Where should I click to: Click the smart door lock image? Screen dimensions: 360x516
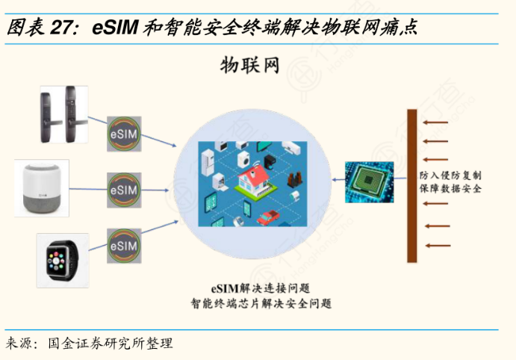pyautogui.click(x=63, y=115)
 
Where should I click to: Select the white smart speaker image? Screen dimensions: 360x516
pyautogui.click(x=42, y=187)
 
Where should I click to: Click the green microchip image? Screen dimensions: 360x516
pyautogui.click(x=369, y=181)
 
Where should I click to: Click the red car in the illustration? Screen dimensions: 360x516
pyautogui.click(x=267, y=217)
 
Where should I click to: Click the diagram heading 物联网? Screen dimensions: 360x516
pyautogui.click(x=249, y=66)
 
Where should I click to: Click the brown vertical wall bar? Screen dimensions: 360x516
pyautogui.click(x=411, y=186)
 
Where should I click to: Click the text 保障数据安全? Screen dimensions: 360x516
pyautogui.click(x=450, y=190)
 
